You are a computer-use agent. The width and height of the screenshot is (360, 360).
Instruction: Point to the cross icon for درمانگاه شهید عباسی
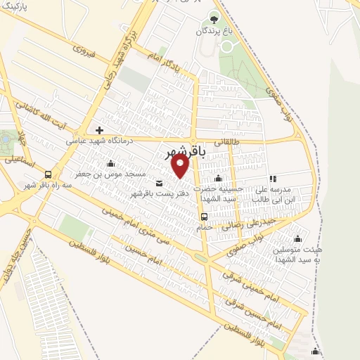(x=100, y=130)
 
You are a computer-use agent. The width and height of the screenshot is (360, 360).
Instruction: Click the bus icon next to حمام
(x=204, y=217)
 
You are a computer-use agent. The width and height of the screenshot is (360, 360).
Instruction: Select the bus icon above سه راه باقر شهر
(x=48, y=174)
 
